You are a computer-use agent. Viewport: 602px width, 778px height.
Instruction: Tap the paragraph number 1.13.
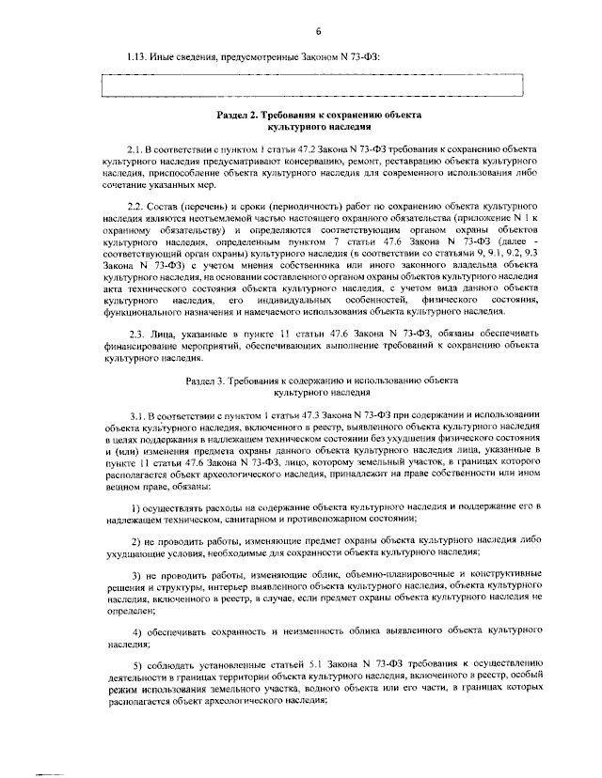pyautogui.click(x=137, y=58)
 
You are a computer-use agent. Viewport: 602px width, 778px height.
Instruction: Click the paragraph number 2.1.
pyautogui.click(x=136, y=149)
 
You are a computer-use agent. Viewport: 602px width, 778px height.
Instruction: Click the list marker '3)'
pyautogui.click(x=136, y=574)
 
